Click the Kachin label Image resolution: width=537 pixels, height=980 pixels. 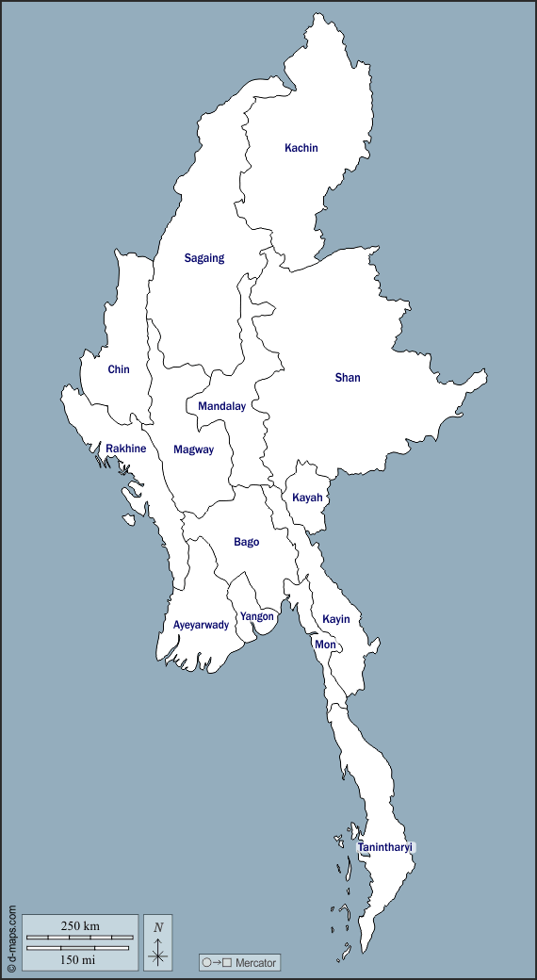301,148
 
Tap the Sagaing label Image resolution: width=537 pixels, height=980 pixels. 204,258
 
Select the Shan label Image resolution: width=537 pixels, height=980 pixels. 348,378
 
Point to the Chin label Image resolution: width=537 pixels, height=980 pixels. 119,369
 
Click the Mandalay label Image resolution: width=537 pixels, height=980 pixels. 221,406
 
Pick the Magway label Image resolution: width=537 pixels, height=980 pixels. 193,449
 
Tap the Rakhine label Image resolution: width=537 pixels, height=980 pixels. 125,449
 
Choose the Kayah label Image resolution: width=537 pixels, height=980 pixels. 307,498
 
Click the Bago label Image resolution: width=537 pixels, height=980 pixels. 247,542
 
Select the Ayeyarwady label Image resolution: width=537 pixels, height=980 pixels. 201,625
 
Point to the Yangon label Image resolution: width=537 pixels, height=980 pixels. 257,616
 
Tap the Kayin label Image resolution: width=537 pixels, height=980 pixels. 336,619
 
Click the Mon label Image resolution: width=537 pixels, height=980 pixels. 325,645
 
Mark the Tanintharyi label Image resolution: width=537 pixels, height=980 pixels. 385,848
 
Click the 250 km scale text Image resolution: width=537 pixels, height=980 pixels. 80,926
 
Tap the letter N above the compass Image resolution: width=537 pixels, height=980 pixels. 158,927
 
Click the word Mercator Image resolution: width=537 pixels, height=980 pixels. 256,963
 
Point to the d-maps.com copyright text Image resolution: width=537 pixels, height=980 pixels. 11,939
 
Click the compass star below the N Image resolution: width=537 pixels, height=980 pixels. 158,955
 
